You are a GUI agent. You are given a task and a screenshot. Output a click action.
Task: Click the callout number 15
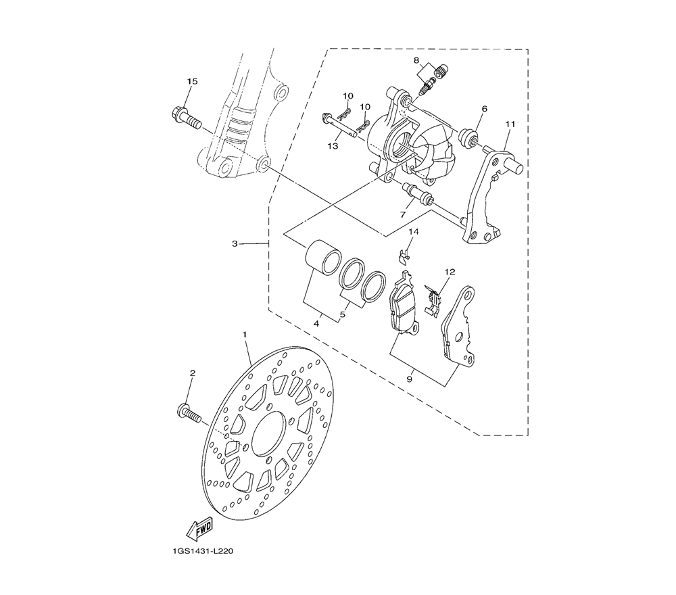click(192, 81)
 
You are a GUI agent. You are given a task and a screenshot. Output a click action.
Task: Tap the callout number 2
click(192, 373)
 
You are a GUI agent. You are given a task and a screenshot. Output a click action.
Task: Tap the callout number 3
click(235, 243)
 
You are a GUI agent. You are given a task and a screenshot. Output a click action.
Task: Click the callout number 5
click(342, 315)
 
